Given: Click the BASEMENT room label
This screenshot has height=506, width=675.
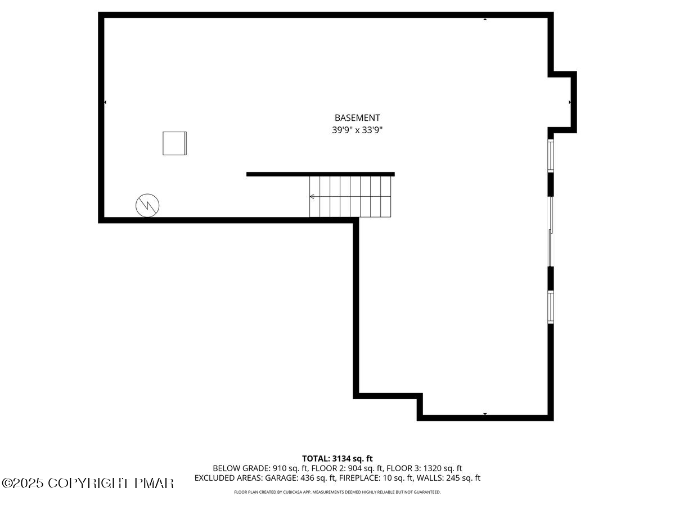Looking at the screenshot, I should pyautogui.click(x=357, y=118).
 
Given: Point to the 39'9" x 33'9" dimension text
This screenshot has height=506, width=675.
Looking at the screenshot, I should pyautogui.click(x=357, y=130).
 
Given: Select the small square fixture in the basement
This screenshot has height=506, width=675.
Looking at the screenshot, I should pyautogui.click(x=174, y=143).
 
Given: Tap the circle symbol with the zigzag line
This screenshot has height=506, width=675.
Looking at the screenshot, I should pyautogui.click(x=147, y=206).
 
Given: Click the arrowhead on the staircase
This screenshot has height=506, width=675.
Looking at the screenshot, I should pyautogui.click(x=312, y=197).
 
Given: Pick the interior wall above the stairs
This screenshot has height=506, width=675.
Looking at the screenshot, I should pyautogui.click(x=320, y=174).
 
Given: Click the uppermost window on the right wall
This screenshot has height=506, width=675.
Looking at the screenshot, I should pyautogui.click(x=551, y=156).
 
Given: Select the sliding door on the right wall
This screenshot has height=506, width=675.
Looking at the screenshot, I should pyautogui.click(x=551, y=231).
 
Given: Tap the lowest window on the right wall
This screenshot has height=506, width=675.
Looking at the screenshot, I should pyautogui.click(x=551, y=306).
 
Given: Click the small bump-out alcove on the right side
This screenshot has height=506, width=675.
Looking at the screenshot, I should pyautogui.click(x=562, y=102).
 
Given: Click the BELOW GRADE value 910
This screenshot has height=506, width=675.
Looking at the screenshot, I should pyautogui.click(x=280, y=468).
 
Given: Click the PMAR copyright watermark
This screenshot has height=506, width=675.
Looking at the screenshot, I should pyautogui.click(x=88, y=483).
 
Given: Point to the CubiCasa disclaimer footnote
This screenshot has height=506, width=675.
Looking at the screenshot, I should pyautogui.click(x=337, y=493).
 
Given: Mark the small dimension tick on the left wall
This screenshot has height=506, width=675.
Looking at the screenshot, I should pyautogui.click(x=105, y=102).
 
